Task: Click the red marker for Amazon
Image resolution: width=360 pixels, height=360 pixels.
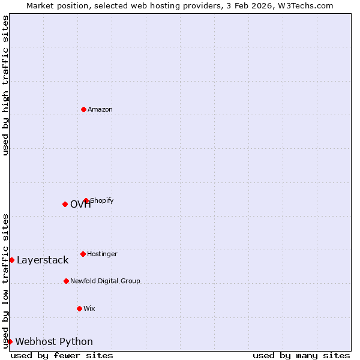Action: point(83,109)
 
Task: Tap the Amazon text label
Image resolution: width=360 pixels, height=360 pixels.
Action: point(100,110)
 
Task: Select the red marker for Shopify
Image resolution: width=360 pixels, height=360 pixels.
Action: point(86,200)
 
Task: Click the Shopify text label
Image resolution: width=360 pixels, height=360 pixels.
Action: point(102,200)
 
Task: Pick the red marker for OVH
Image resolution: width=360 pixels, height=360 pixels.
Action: point(65,204)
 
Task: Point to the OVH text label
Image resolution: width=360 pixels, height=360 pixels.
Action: point(80,205)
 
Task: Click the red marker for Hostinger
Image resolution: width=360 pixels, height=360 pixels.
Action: point(83,254)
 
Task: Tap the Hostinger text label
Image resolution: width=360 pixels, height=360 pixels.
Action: point(102,254)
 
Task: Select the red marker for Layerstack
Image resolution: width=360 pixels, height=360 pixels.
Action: point(11,260)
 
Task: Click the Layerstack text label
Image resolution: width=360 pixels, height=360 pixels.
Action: point(43,260)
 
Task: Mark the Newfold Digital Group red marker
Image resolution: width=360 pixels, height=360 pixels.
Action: point(66,281)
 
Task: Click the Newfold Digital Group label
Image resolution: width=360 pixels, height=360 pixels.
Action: point(105,281)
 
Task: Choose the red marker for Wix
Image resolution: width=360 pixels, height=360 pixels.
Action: point(79,308)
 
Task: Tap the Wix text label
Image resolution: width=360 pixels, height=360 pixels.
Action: point(89,309)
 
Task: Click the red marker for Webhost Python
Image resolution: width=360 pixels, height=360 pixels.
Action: point(10,341)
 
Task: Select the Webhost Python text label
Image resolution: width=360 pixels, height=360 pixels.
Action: point(54,342)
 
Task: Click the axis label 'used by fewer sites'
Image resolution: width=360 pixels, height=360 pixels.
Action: point(62,356)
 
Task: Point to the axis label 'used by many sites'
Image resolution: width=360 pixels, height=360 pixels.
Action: point(301,356)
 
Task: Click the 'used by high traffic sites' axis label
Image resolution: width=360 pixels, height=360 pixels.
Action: point(5,85)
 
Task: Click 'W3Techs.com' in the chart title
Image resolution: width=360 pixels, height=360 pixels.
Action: point(305,5)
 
